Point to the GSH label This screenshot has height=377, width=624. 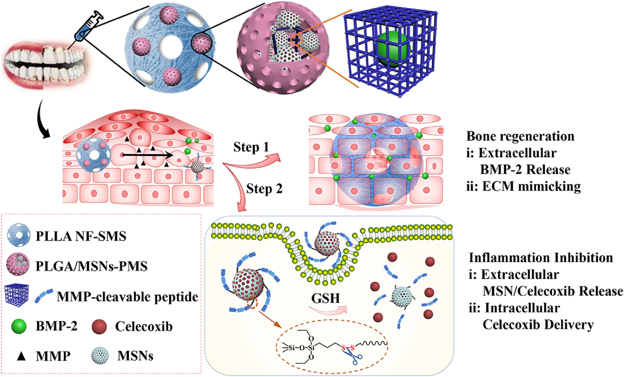(325, 298)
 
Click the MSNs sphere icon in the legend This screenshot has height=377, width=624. (100, 356)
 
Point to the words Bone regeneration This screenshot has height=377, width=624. (520, 136)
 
